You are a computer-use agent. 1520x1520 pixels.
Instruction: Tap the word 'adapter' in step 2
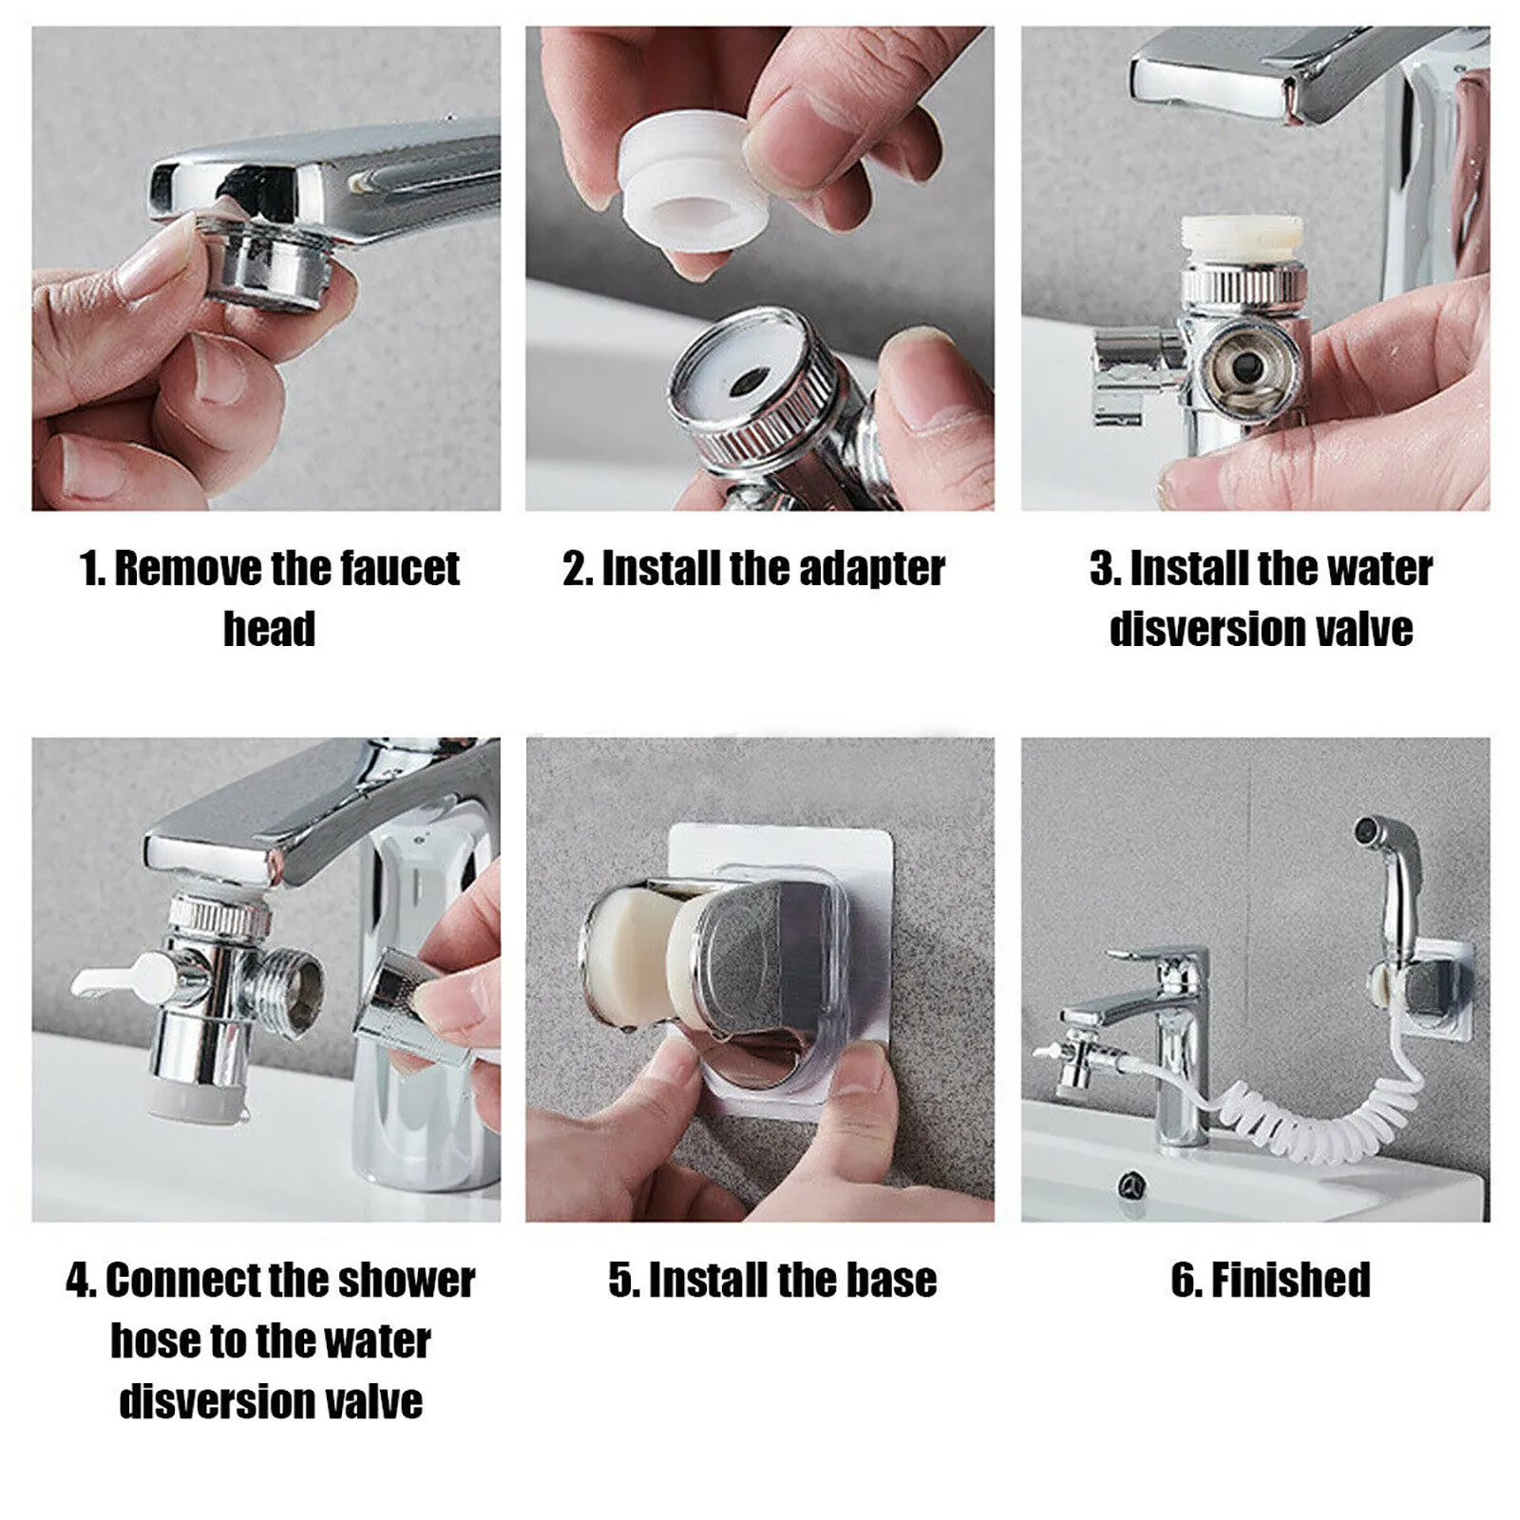pos(871,568)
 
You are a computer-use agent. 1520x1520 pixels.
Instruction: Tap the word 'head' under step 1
pos(269,629)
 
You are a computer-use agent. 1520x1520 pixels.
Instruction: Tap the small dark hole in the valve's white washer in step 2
pos(745,381)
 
